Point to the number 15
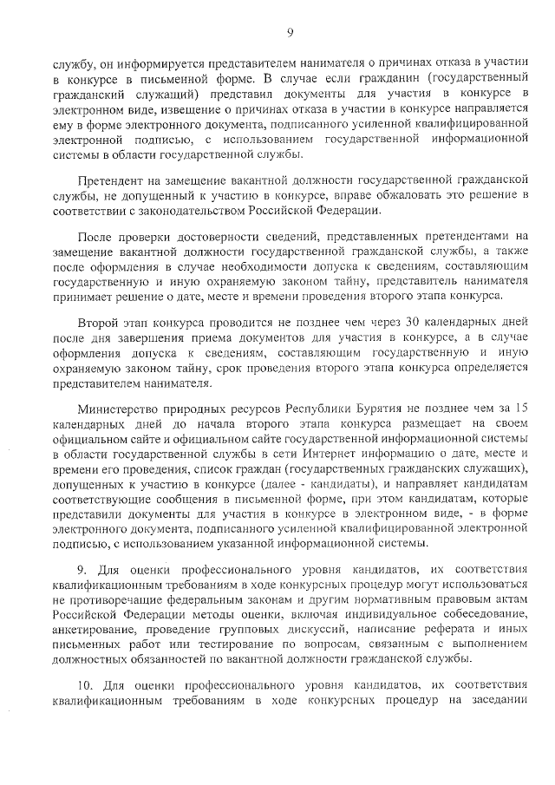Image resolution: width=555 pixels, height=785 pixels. (521, 407)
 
